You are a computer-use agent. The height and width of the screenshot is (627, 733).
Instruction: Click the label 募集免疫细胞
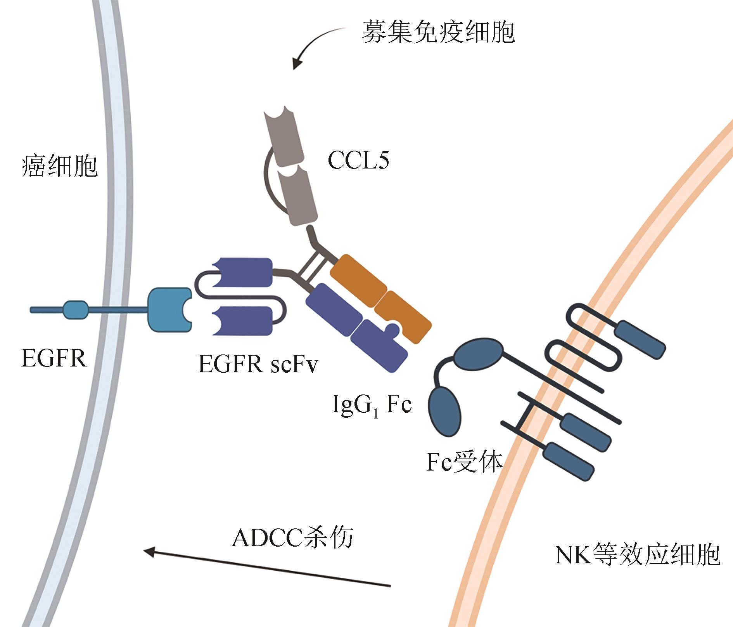[438, 32]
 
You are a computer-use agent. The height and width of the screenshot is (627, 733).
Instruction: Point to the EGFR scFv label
[258, 364]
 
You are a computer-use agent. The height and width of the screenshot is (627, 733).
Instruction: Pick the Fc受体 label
[464, 462]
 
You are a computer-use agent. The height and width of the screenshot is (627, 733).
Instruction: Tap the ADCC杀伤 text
[292, 538]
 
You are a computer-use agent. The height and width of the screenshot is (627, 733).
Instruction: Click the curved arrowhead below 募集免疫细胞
[298, 63]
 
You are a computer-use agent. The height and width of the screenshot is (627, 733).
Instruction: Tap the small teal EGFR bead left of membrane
[75, 310]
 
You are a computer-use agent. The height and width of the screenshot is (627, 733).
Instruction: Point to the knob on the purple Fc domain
[393, 329]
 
